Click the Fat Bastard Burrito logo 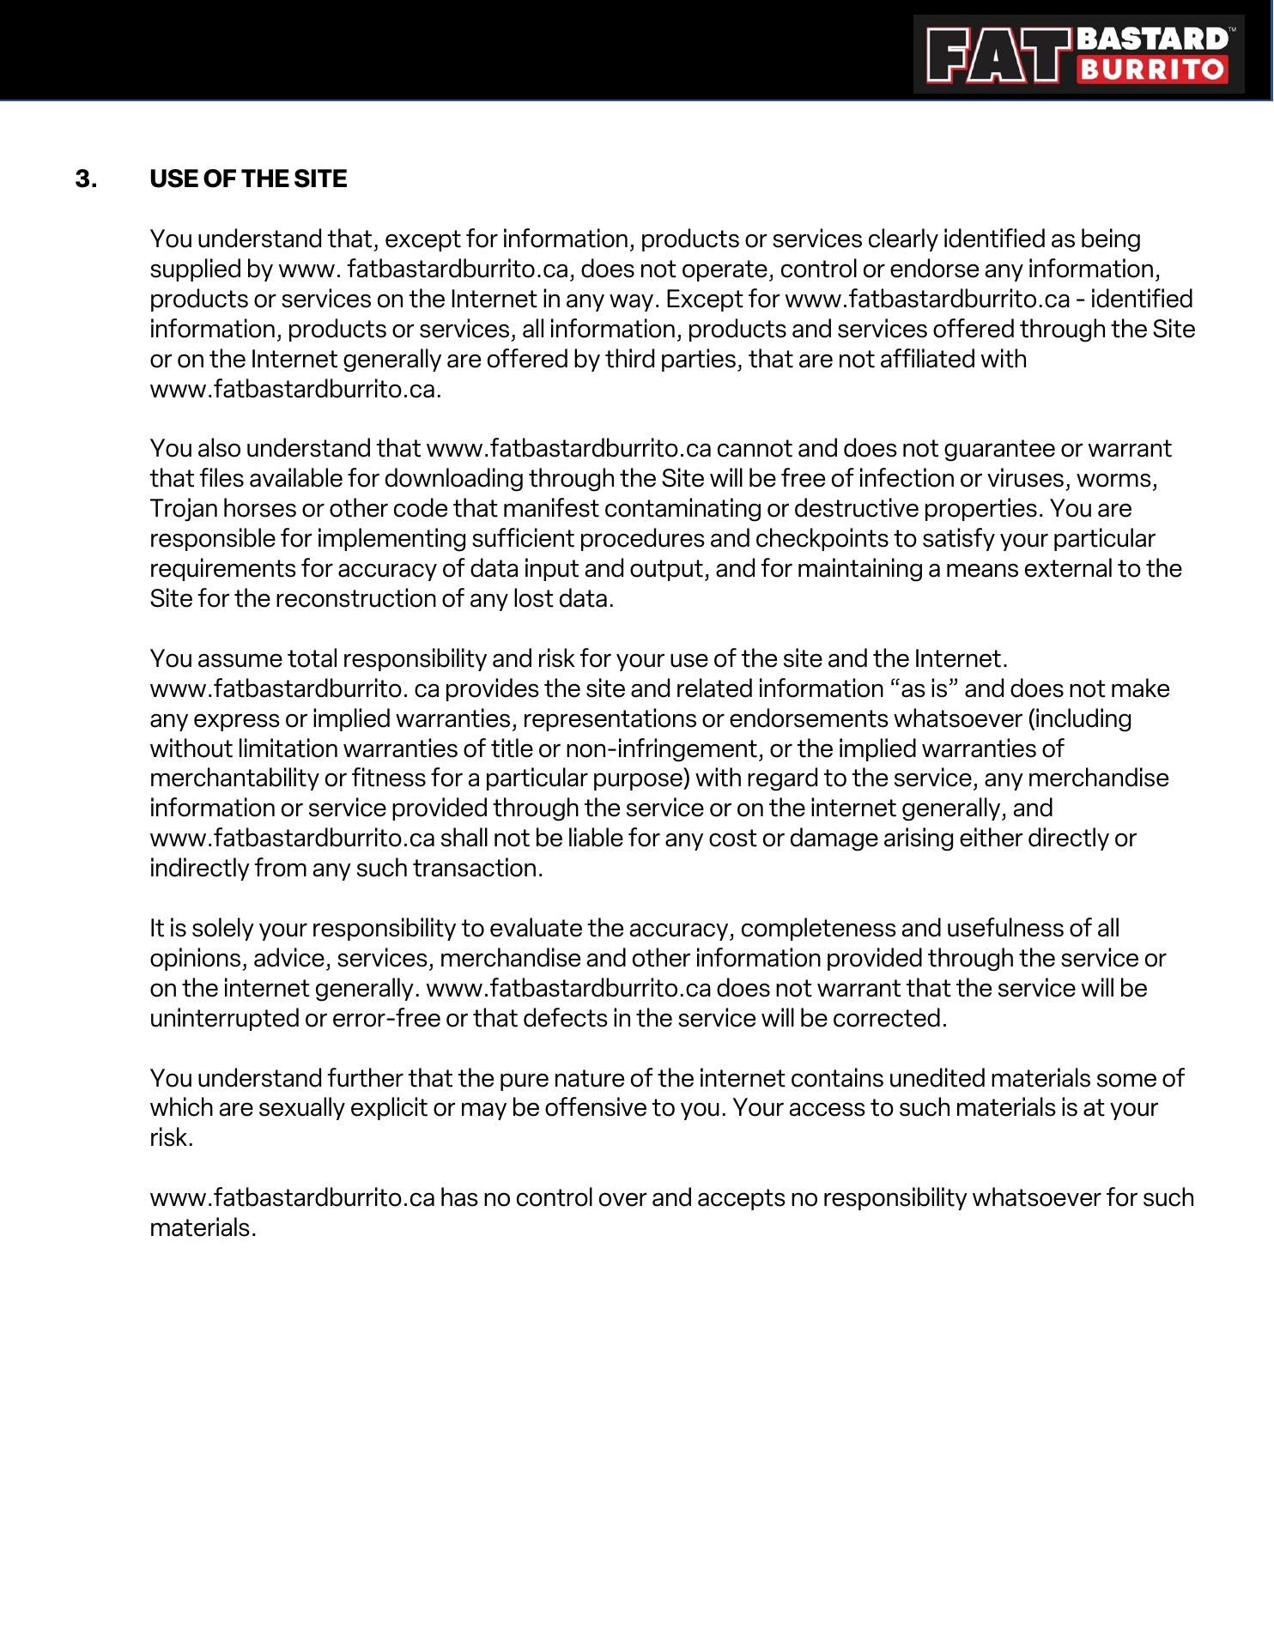[x=1078, y=54]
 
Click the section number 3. [x=86, y=179]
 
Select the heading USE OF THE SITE [x=248, y=179]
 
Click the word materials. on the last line [x=203, y=1228]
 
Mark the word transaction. [x=478, y=869]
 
